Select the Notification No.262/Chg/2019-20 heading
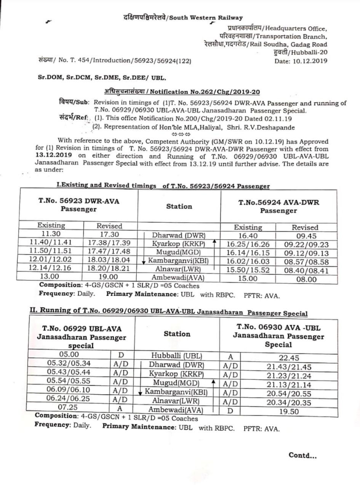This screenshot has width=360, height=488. coord(182,92)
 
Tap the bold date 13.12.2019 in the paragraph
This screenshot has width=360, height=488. coord(54,156)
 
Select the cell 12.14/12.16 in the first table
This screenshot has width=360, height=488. coord(50,268)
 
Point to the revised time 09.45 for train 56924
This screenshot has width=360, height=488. coord(305,236)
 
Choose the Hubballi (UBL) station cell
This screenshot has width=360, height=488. coord(177,356)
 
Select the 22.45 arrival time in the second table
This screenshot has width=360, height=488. coord(288,358)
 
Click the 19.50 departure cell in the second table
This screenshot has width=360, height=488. coord(289,411)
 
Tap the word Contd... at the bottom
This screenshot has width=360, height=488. coord(302,455)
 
